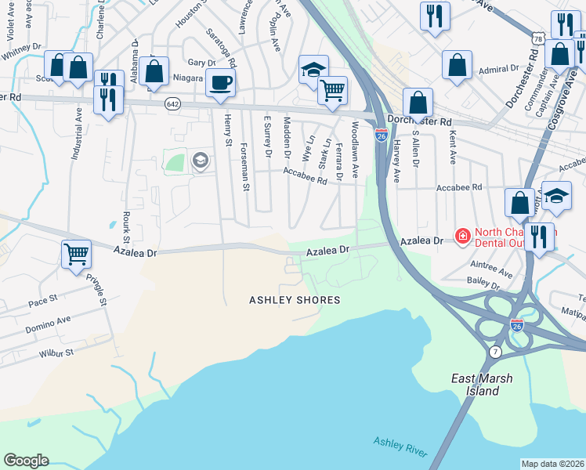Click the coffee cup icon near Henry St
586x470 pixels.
tap(220, 82)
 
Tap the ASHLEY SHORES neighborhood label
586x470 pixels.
tap(295, 300)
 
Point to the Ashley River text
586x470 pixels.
tap(400, 446)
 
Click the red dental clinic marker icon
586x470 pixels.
tap(462, 235)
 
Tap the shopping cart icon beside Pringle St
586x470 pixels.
tap(76, 253)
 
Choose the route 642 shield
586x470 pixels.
tap(172, 103)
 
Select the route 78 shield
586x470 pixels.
tap(537, 38)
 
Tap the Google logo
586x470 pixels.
tap(26, 461)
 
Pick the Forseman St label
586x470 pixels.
tap(245, 167)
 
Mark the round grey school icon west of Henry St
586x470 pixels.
tap(200, 161)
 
